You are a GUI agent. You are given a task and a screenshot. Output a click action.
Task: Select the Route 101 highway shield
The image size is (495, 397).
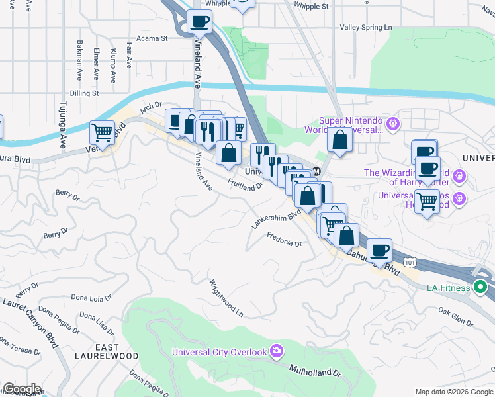point(411,262)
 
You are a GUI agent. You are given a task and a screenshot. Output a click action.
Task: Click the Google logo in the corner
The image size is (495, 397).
point(21,389)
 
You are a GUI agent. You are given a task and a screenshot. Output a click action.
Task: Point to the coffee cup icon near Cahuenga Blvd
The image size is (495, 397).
point(379,250)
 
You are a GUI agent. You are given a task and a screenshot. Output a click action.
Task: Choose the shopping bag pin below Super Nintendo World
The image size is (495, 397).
point(339,140)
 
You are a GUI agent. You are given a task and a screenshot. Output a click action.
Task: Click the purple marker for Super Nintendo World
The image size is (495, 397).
point(393,122)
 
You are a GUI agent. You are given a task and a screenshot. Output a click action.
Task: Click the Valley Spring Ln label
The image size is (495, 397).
point(366,28)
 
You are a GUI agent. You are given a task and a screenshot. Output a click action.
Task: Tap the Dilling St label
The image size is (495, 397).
point(84,93)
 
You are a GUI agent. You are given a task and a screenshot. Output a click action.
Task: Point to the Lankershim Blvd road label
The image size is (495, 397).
point(276,218)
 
